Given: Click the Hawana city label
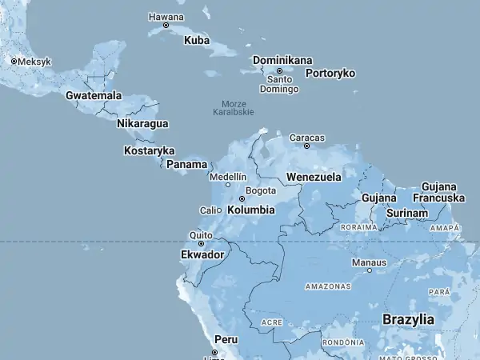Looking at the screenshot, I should [166, 17].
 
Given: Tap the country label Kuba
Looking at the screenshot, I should [197, 40].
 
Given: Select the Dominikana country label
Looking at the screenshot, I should [282, 60].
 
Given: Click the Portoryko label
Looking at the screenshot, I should [329, 73].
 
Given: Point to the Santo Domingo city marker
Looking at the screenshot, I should [280, 70].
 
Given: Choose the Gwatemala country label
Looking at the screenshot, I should [94, 95].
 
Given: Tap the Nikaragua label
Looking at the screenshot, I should [142, 123].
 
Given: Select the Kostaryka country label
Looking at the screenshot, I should [150, 150].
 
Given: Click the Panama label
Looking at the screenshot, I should [186, 164].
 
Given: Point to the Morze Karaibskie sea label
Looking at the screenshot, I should [234, 108].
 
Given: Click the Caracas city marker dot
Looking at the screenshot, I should [307, 146].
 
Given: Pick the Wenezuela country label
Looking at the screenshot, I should [314, 176].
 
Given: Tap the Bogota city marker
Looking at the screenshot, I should [242, 198].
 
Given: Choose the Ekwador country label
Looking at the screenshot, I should [202, 254].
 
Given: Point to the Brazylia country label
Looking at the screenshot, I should [408, 319].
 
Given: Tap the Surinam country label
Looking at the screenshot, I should [406, 214].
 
